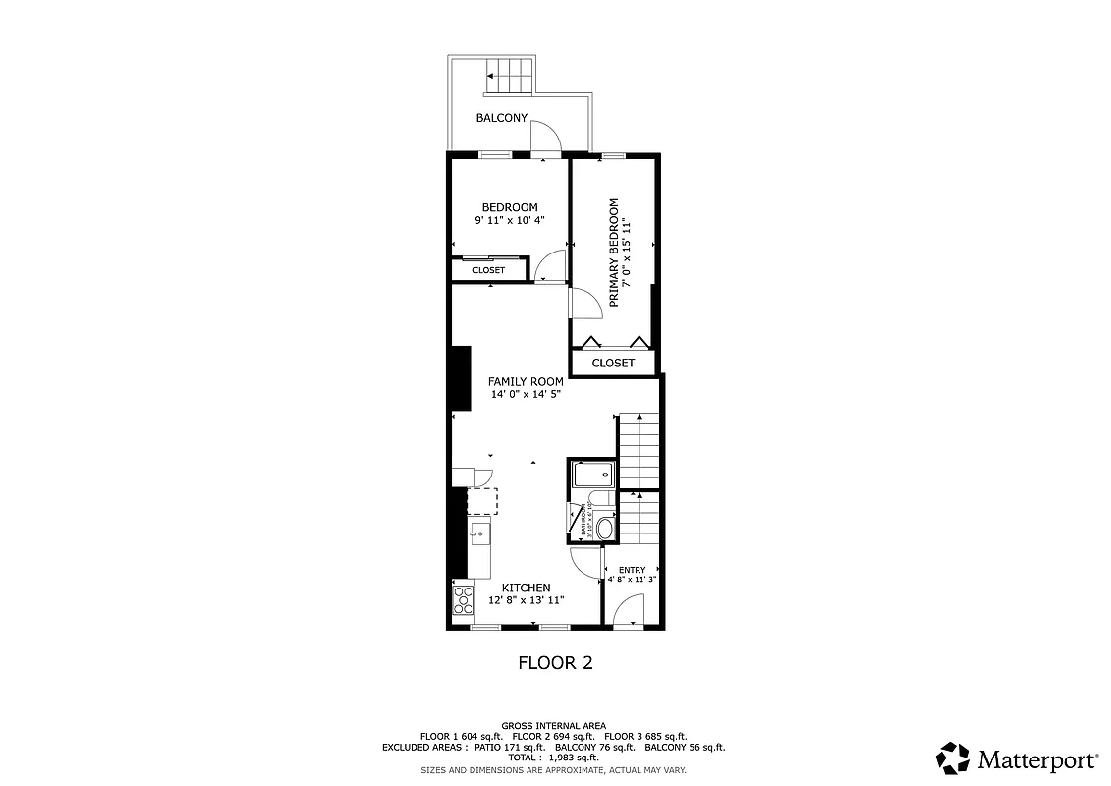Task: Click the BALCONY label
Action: [x=502, y=118]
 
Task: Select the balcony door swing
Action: [x=546, y=140]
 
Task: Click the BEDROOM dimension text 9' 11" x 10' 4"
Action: [x=509, y=221]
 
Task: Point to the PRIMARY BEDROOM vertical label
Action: [x=614, y=253]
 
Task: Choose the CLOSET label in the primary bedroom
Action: [x=613, y=363]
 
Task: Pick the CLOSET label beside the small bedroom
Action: [x=488, y=270]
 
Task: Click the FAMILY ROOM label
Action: [x=526, y=381]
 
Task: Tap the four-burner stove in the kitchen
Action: [x=463, y=599]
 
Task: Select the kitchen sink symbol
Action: [x=480, y=534]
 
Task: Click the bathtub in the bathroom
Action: [x=593, y=477]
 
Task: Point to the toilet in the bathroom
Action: [x=603, y=529]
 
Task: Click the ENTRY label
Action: [x=632, y=570]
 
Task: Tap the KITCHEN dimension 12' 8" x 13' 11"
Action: [x=528, y=600]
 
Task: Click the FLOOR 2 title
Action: [x=555, y=663]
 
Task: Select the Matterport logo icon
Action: [x=953, y=758]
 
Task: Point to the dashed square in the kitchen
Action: [x=481, y=501]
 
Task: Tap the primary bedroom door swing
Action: [x=586, y=304]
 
